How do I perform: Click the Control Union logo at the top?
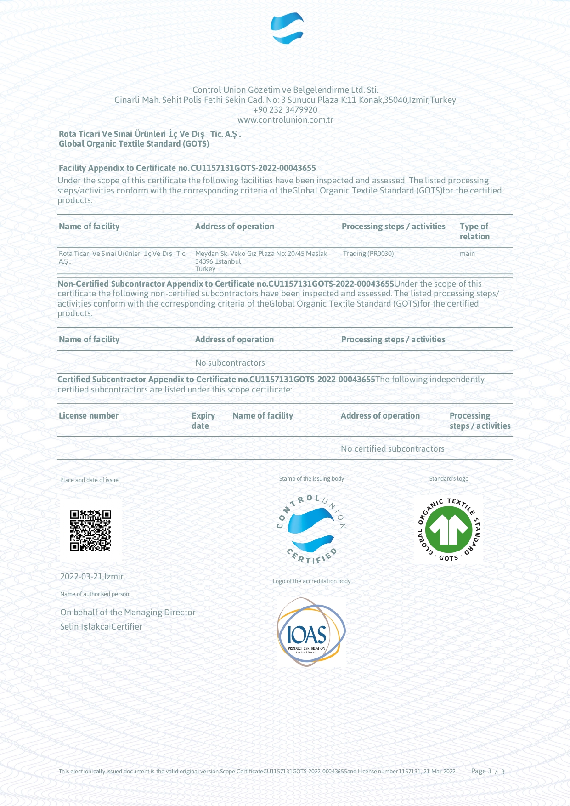(287, 28)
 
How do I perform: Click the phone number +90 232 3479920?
(285, 110)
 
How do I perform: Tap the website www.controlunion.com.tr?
(285, 120)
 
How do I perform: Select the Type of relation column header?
(474, 231)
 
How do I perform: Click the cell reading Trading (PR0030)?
(368, 254)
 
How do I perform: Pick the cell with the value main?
(467, 254)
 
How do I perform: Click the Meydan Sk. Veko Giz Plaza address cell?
(261, 261)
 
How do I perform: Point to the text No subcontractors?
(230, 363)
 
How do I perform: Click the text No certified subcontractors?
(392, 449)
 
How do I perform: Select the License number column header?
(89, 416)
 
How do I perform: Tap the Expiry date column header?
(203, 420)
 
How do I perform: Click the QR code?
(90, 530)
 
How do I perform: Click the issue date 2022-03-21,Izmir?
(92, 577)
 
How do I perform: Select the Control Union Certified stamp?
(311, 529)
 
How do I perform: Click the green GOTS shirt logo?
(449, 529)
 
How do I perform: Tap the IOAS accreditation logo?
(311, 632)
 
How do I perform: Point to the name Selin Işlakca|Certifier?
(101, 627)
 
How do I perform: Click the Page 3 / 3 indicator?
(487, 771)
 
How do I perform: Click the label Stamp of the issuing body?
(311, 479)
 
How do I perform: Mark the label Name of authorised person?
(95, 594)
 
